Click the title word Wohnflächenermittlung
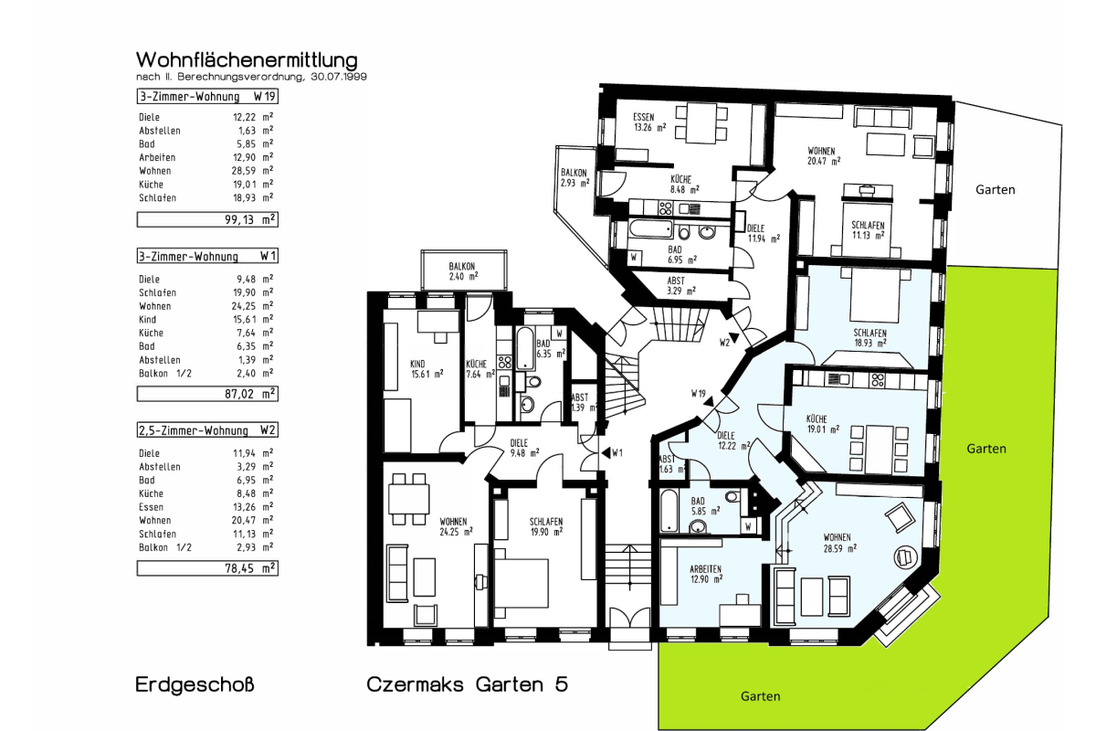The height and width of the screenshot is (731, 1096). pyautogui.click(x=247, y=60)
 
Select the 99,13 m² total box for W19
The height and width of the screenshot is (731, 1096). pyautogui.click(x=207, y=219)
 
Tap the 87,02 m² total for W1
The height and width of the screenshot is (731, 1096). pyautogui.click(x=207, y=394)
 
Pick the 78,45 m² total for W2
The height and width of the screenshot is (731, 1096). pyautogui.click(x=207, y=568)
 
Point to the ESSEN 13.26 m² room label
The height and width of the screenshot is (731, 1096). pyautogui.click(x=649, y=122)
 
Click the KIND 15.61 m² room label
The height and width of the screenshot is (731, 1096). pyautogui.click(x=427, y=369)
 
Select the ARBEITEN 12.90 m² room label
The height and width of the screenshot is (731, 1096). pyautogui.click(x=705, y=574)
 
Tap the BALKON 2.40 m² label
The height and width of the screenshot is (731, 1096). pyautogui.click(x=463, y=271)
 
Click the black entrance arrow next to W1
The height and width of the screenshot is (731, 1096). pyautogui.click(x=606, y=453)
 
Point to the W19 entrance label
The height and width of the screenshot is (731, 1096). pyautogui.click(x=698, y=393)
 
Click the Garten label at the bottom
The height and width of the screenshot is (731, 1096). pyautogui.click(x=760, y=696)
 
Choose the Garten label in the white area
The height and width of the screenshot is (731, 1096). pyautogui.click(x=996, y=189)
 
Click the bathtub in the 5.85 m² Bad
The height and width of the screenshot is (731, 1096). pyautogui.click(x=669, y=511)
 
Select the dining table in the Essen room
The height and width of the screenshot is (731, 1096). pyautogui.click(x=701, y=122)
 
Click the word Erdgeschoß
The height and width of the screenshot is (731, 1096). pyautogui.click(x=195, y=684)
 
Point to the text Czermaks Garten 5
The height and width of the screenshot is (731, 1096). pyautogui.click(x=468, y=684)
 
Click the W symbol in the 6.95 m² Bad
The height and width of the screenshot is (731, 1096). pyautogui.click(x=634, y=257)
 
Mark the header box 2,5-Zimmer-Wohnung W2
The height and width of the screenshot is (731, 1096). pyautogui.click(x=207, y=429)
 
